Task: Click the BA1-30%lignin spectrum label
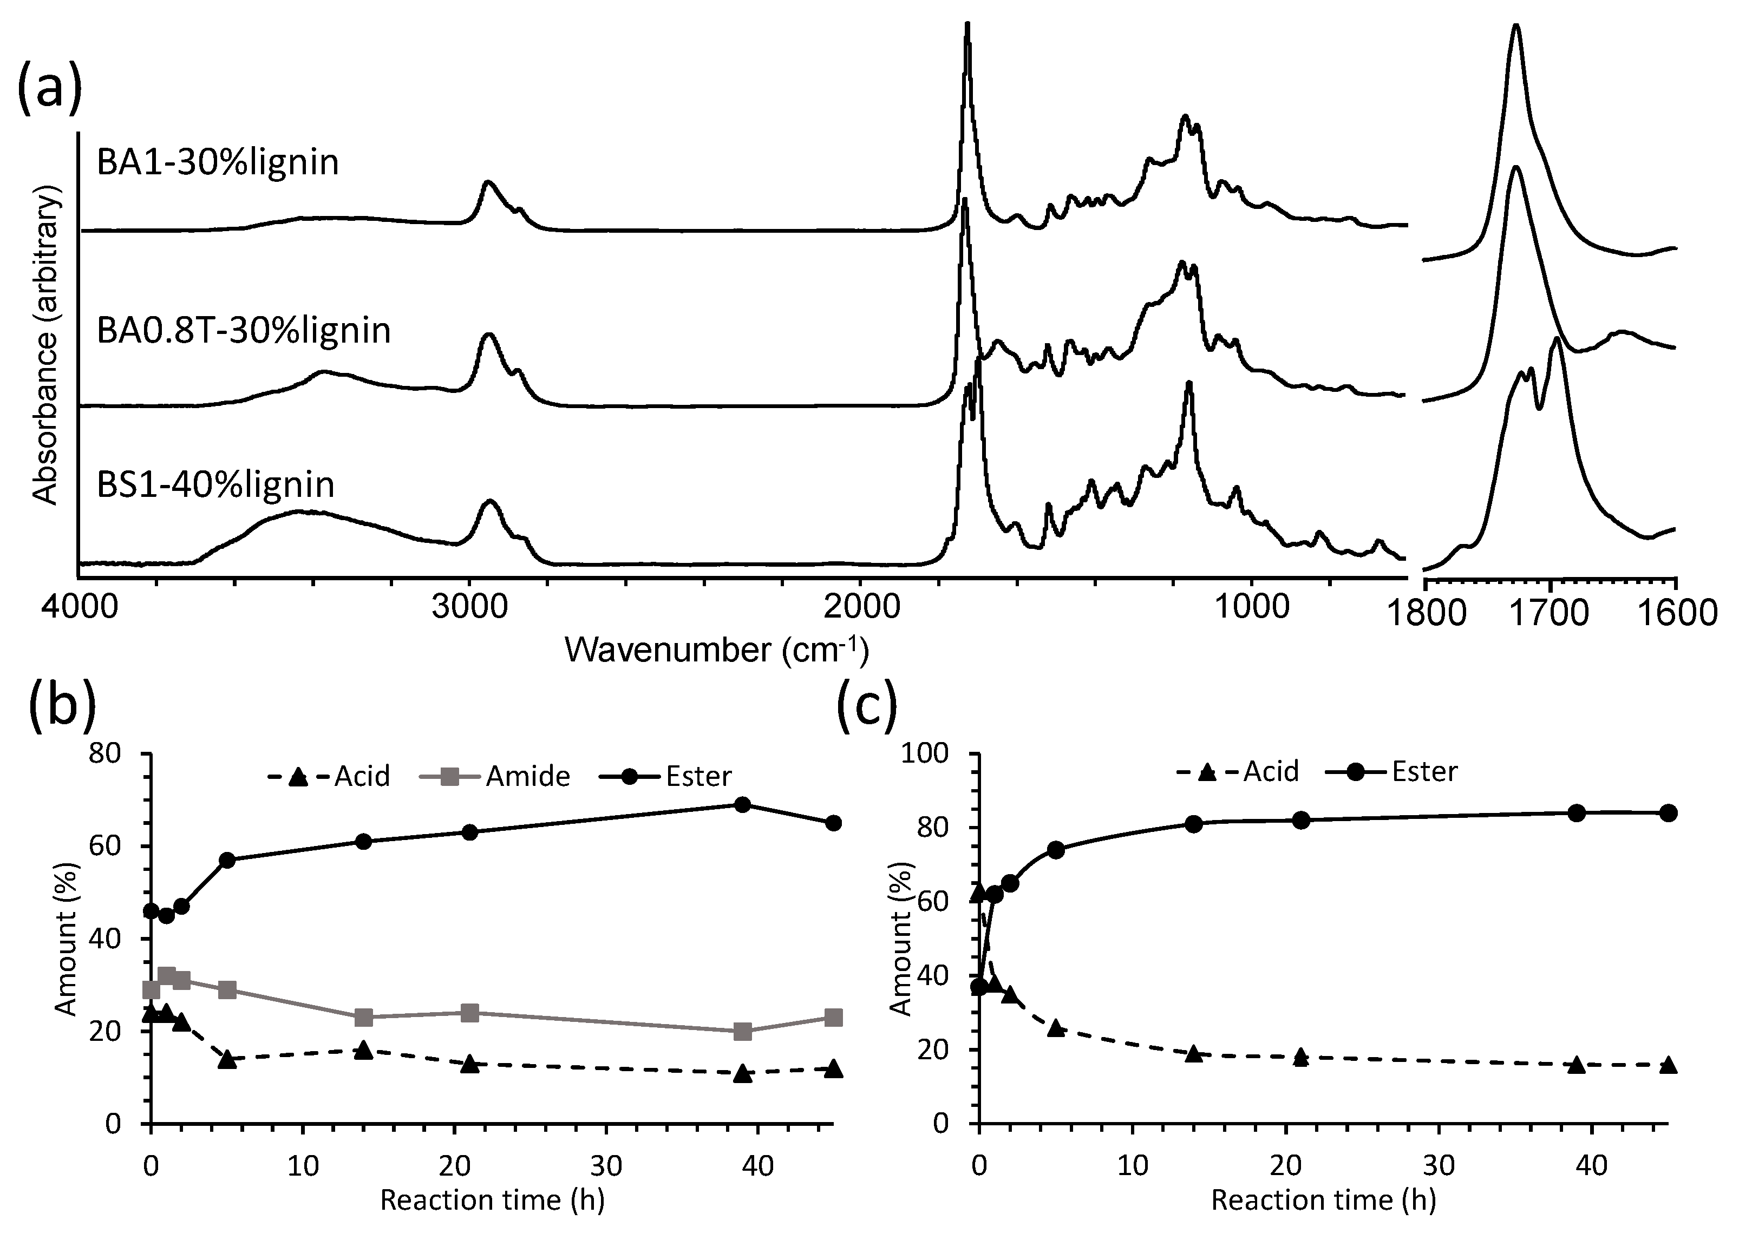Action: (x=218, y=162)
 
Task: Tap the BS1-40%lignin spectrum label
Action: (x=215, y=484)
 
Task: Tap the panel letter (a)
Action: (x=49, y=88)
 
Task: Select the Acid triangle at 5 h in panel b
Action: (x=227, y=1060)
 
